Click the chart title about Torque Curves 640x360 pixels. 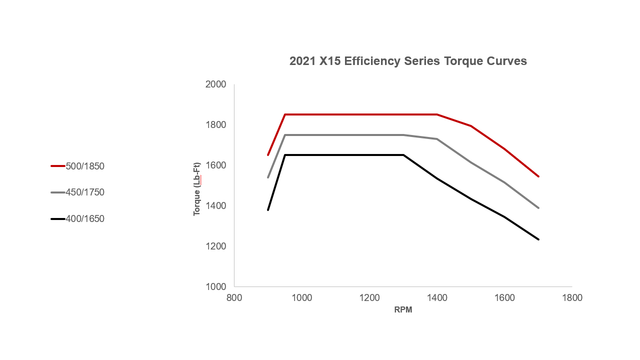tap(408, 61)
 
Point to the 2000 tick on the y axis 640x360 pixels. tap(216, 84)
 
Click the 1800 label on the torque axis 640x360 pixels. tap(216, 125)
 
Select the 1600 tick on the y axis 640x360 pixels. tap(216, 165)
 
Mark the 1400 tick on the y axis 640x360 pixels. tap(216, 206)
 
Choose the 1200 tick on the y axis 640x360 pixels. tap(216, 246)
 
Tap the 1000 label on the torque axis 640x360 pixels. tap(216, 287)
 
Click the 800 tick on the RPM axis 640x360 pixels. tap(234, 298)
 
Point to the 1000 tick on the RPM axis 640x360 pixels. tap(301, 298)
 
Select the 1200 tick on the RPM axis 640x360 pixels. tap(369, 298)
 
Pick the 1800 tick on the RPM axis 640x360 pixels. tap(572, 298)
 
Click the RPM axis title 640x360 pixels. tap(403, 310)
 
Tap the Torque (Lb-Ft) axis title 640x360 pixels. tap(197, 189)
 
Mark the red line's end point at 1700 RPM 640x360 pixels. tap(538, 176)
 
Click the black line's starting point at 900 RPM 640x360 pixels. tap(268, 210)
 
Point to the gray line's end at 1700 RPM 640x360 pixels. tap(538, 208)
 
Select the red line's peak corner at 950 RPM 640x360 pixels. tap(285, 114)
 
